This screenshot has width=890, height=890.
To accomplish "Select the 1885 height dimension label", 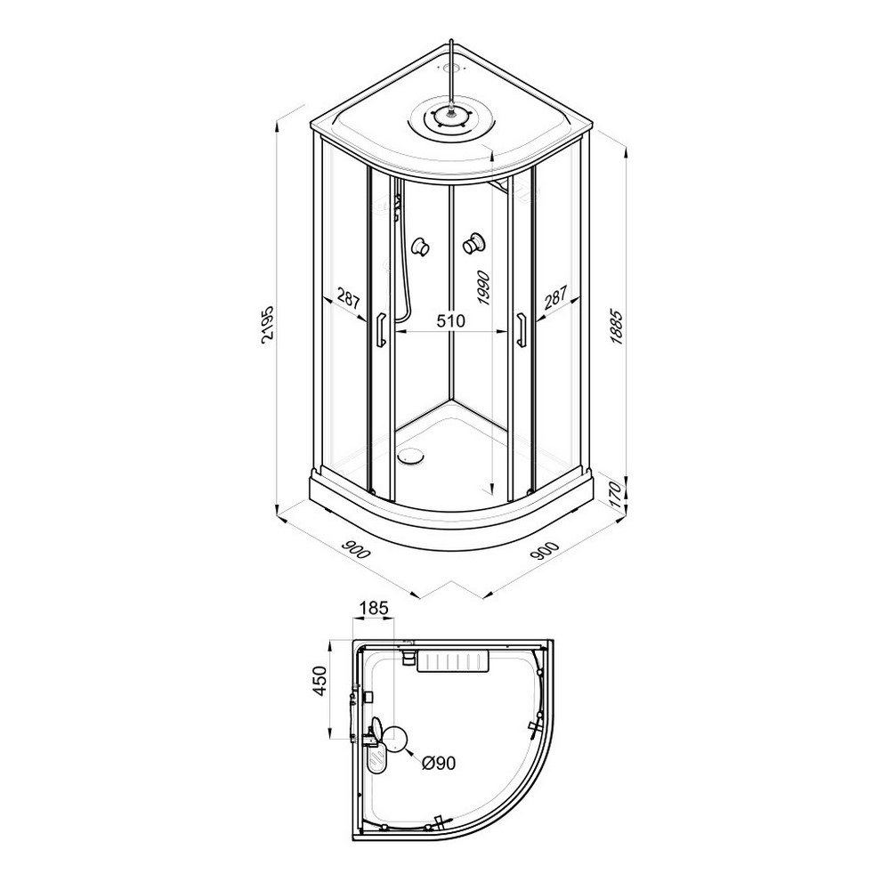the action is pyautogui.click(x=617, y=327).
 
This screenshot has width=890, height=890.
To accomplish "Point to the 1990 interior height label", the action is pyautogui.click(x=483, y=287).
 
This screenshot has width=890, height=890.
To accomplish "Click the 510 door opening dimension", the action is pyautogui.click(x=450, y=321).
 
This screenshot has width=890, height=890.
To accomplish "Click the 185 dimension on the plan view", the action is pyautogui.click(x=374, y=608).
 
